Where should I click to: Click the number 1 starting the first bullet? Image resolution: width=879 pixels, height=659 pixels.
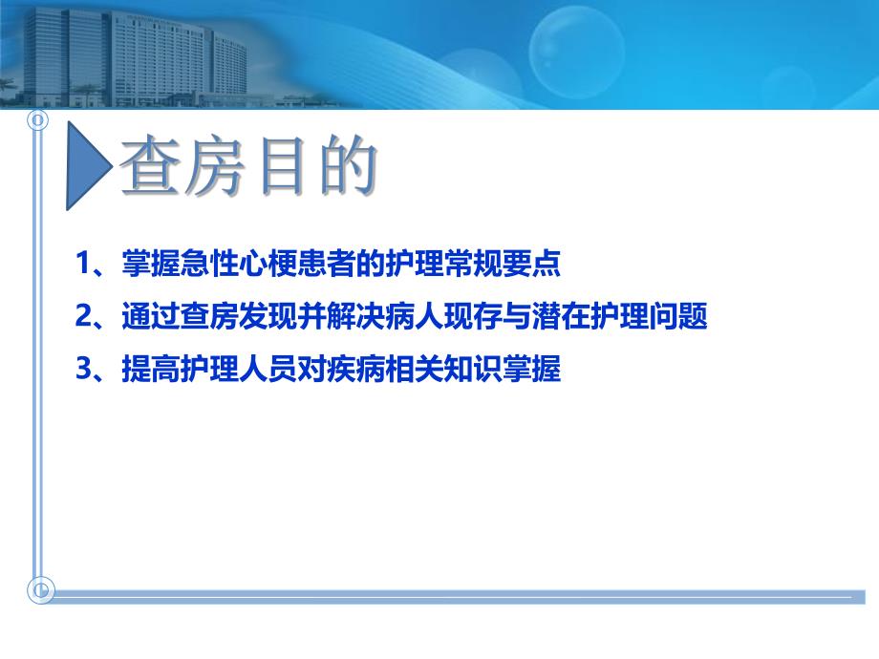[x=83, y=265]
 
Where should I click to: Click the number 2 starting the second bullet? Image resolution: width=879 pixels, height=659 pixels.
[x=83, y=317]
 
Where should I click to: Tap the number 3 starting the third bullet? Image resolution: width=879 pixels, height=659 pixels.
[x=83, y=370]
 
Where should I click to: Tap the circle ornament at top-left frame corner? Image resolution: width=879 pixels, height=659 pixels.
[x=39, y=121]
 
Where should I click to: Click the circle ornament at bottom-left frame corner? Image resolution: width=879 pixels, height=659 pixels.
[x=40, y=591]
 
